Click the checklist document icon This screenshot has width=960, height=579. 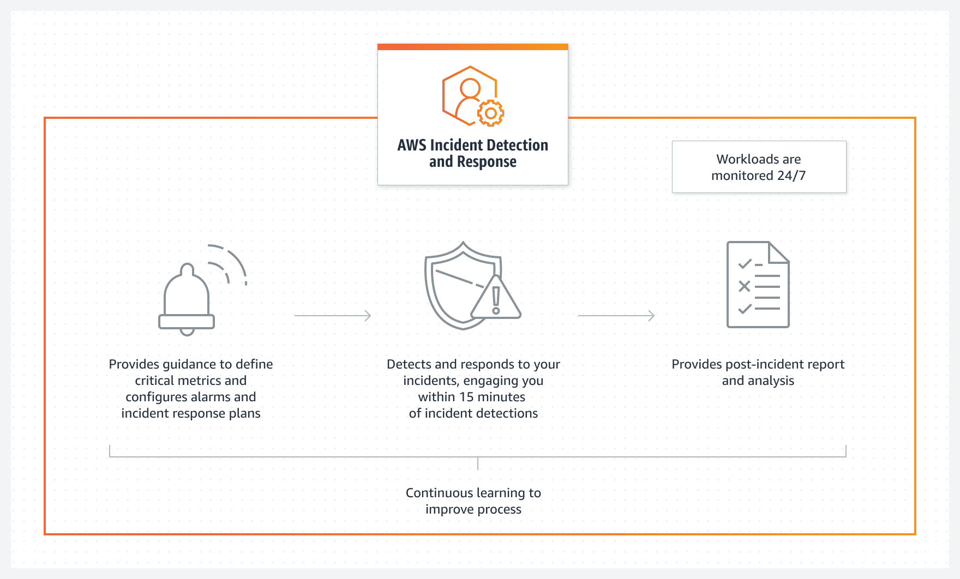pos(758,285)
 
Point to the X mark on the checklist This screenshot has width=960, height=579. pos(744,286)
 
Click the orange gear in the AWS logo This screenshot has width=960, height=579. pos(490,113)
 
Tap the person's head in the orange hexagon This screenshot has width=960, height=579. pos(470,87)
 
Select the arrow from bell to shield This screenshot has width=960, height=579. pos(333,316)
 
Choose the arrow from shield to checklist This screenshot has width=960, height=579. pos(616,316)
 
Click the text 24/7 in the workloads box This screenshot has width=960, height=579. pos(791,176)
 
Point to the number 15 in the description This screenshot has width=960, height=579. pos(466,397)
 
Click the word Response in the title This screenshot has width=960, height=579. pos(487,162)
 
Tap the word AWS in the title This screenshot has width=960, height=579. pos(411,145)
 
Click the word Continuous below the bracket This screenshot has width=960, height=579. pos(439,493)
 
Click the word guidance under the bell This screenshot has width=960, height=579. pos(189,364)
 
